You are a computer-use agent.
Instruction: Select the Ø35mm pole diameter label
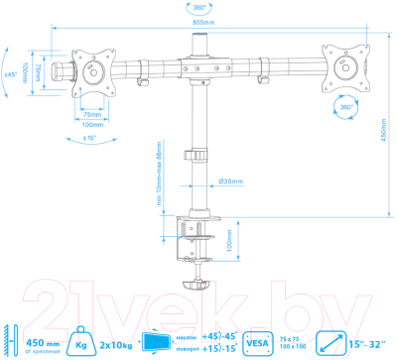pyautogui.click(x=229, y=180)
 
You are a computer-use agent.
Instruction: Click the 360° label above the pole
pyautogui.click(x=201, y=6)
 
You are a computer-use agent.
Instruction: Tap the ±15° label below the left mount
pyautogui.click(x=92, y=137)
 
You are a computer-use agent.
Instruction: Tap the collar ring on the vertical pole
pyautogui.click(x=201, y=157)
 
